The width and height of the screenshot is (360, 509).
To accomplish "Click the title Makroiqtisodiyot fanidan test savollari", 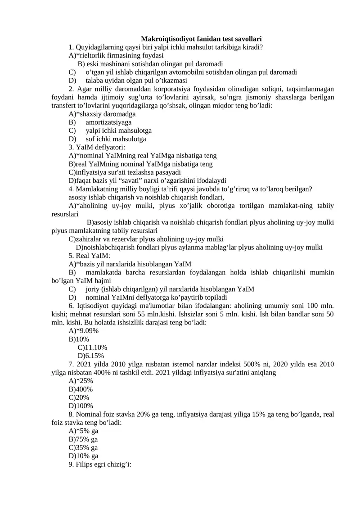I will point(201,39).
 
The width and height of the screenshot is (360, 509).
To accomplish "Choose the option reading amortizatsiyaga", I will point(108,122).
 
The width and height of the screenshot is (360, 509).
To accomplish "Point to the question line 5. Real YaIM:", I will point(89,256).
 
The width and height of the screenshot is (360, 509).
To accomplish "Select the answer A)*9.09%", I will point(84,331).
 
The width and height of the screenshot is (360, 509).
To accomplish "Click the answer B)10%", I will point(79,339).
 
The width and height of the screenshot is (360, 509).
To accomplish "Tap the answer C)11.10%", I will point(92,347).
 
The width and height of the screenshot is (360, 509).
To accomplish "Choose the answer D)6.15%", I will point(91,356).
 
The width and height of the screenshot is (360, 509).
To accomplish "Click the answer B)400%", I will point(81,389).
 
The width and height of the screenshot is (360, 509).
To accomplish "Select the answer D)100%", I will point(81,406).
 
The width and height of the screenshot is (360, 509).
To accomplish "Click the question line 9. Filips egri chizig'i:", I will point(100,464).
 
